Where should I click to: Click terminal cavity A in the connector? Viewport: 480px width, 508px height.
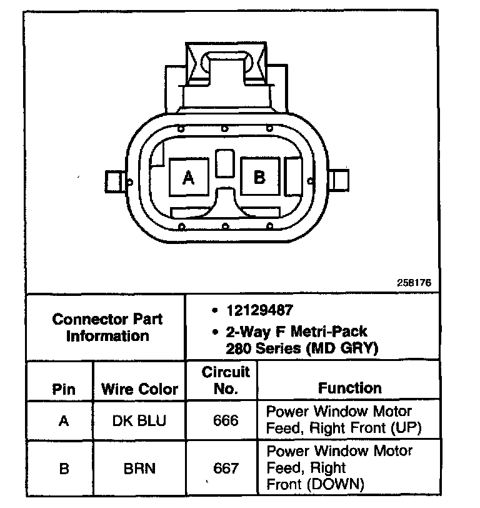click(x=188, y=178)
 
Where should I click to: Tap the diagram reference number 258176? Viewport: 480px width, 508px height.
click(x=414, y=283)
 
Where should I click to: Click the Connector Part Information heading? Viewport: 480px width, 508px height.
click(x=107, y=327)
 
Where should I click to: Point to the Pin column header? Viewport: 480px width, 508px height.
click(x=64, y=389)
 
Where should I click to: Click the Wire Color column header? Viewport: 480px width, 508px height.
click(x=139, y=389)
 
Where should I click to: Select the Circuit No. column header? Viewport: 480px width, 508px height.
click(x=226, y=380)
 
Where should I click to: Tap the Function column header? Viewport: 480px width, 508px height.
click(x=349, y=388)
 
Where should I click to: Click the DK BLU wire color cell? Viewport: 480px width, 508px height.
click(x=139, y=420)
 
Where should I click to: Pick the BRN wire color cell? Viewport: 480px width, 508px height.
click(x=139, y=467)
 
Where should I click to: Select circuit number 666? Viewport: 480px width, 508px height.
click(x=226, y=420)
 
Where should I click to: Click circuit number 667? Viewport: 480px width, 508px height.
click(x=226, y=467)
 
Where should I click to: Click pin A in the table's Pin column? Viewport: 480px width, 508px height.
click(x=64, y=420)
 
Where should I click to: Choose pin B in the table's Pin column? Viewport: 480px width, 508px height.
click(x=64, y=467)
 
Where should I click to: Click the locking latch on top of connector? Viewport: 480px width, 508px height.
click(x=227, y=66)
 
